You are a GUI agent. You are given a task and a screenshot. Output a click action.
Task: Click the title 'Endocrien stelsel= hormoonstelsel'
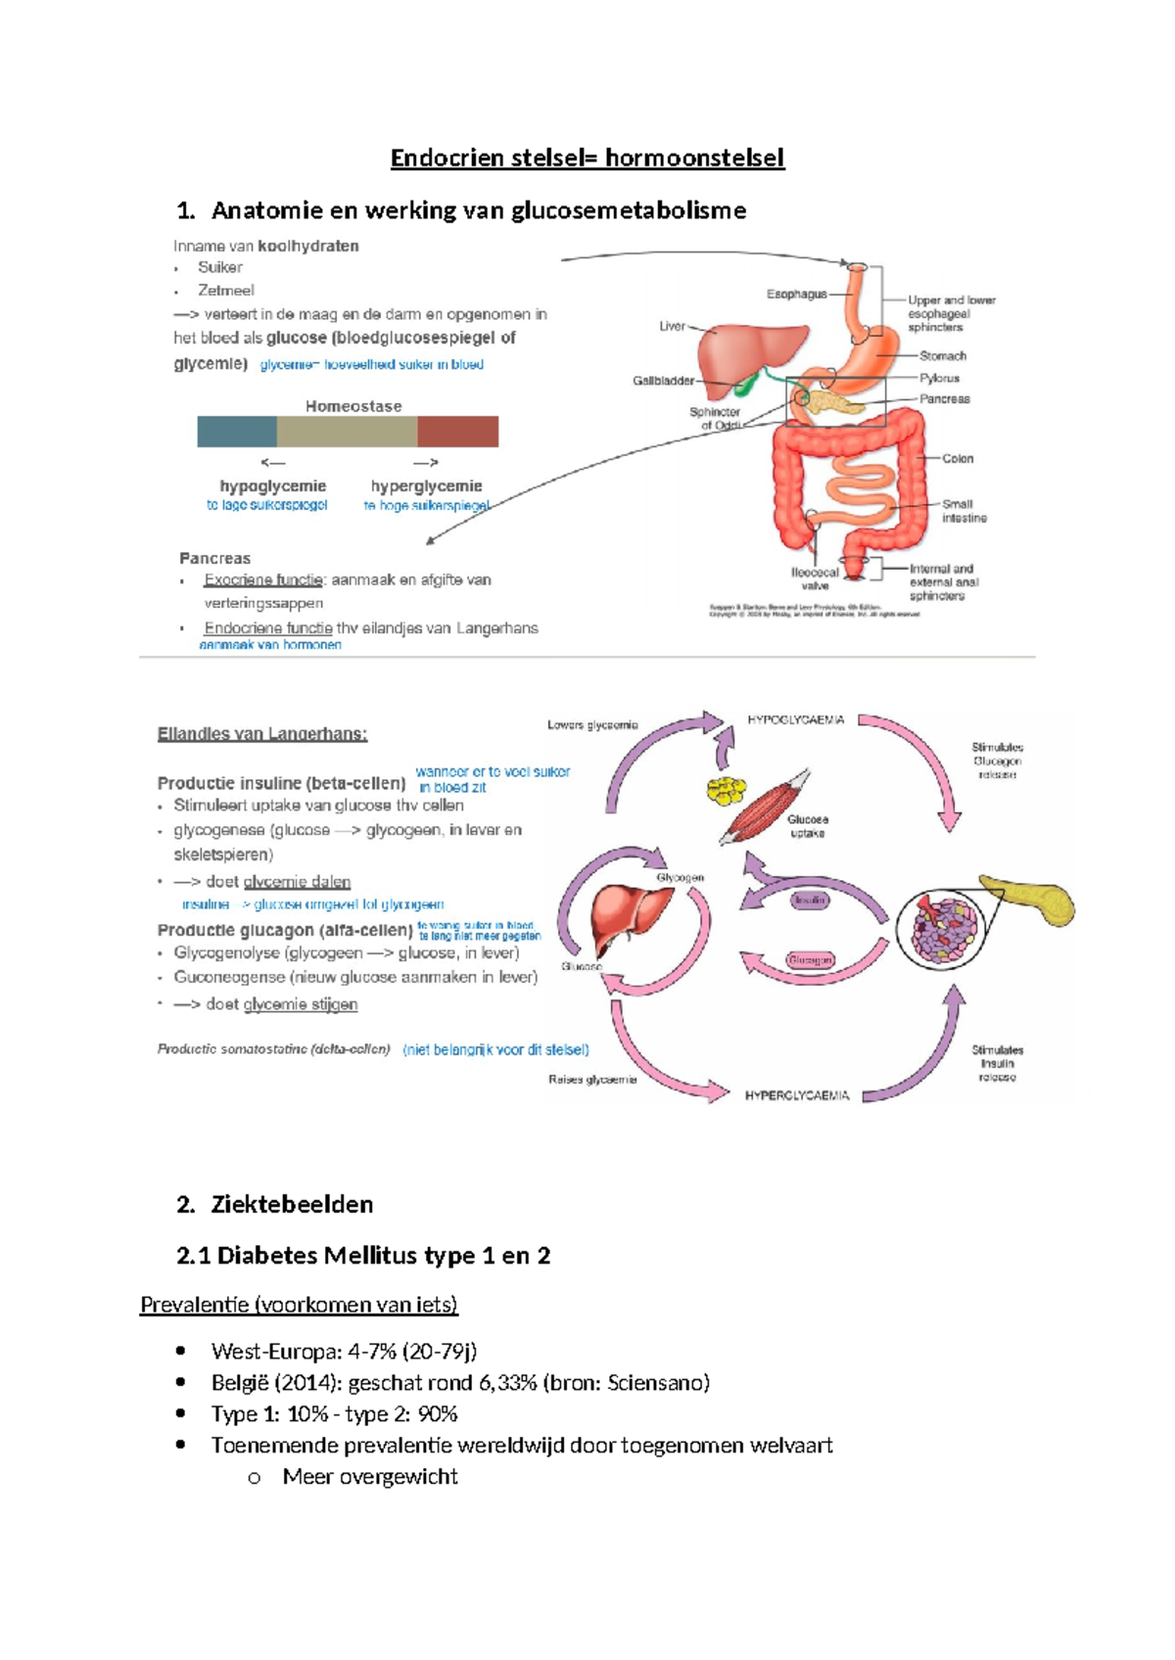(x=587, y=158)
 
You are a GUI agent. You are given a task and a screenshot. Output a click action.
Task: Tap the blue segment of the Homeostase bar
(x=237, y=432)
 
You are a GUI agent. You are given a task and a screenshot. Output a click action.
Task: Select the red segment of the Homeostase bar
(x=457, y=432)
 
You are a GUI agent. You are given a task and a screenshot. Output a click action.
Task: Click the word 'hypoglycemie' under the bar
(x=272, y=486)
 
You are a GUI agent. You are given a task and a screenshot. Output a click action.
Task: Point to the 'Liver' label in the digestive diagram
(x=672, y=326)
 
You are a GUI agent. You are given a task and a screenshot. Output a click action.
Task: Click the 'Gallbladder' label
(x=663, y=381)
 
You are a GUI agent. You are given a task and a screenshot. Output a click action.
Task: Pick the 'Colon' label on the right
(x=957, y=458)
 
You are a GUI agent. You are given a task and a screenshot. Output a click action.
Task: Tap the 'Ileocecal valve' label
(x=815, y=578)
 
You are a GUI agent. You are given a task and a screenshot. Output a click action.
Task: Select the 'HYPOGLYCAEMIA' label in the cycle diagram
(x=795, y=720)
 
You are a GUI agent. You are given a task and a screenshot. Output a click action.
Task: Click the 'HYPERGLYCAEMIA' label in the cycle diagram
(x=796, y=1095)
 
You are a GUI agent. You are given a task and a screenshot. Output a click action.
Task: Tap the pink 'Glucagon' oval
(x=810, y=960)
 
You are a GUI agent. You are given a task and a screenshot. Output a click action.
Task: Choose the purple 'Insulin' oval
(x=810, y=899)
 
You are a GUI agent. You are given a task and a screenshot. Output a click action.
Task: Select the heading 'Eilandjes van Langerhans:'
(x=261, y=734)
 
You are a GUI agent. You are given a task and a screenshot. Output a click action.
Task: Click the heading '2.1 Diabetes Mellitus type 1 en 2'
(x=363, y=1256)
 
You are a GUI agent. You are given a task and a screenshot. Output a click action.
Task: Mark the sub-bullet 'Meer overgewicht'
(x=369, y=1477)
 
